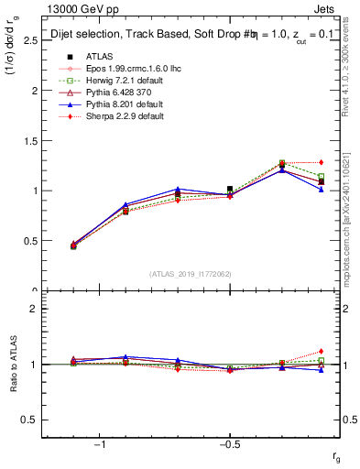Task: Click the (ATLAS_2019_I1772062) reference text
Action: coord(191,273)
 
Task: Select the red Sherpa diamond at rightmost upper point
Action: coord(321,162)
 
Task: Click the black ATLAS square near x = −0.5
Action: coord(230,189)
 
